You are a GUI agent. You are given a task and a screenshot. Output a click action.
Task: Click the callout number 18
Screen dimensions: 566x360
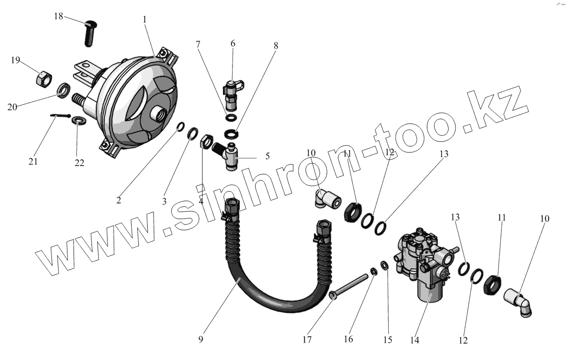coord(58,16)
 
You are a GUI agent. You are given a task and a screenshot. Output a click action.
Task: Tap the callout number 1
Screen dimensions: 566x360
coord(145,20)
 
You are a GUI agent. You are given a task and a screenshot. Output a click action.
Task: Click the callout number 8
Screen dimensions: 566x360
coord(276,46)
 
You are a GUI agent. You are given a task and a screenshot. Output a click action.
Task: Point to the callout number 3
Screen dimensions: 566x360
coord(165,201)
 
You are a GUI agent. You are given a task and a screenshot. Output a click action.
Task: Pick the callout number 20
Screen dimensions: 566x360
coord(13,107)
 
